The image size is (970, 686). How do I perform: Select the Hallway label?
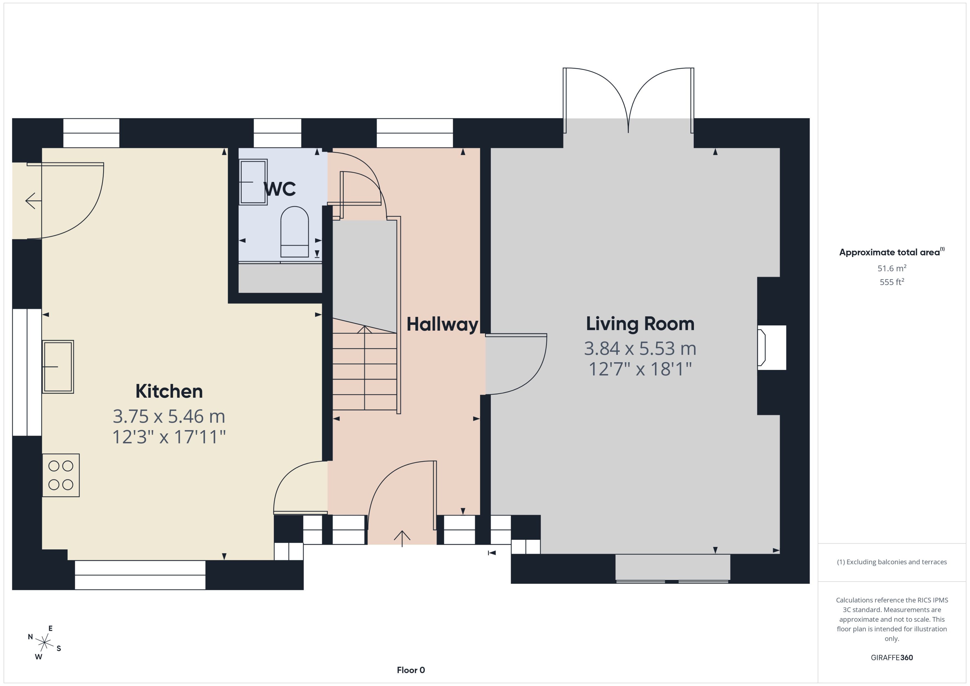tap(442, 324)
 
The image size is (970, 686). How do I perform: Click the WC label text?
tap(279, 189)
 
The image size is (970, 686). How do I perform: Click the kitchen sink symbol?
tap(58, 367)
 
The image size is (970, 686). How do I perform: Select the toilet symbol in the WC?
tap(295, 232)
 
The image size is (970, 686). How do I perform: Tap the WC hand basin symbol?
tap(253, 182)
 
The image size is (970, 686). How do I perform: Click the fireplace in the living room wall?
tap(771, 347)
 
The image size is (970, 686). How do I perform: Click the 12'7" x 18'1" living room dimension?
tap(640, 369)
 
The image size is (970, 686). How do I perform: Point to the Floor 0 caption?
tap(410, 670)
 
